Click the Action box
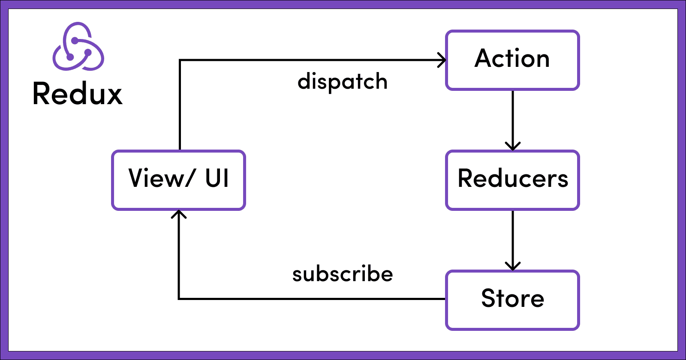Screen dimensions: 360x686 512,60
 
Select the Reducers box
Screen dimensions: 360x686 512,180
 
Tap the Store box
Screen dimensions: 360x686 512,300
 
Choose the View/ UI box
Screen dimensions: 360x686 178,180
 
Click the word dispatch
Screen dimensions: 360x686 342,81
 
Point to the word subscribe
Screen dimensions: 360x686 342,274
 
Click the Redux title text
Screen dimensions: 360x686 78,94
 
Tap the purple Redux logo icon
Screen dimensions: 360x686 78,47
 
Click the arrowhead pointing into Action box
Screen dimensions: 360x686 442,60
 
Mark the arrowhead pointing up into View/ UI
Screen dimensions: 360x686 179,214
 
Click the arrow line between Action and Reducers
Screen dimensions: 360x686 512,116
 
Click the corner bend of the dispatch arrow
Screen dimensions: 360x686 180,60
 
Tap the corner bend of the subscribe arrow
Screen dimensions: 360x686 179,299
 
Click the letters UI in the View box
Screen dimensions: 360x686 217,178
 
